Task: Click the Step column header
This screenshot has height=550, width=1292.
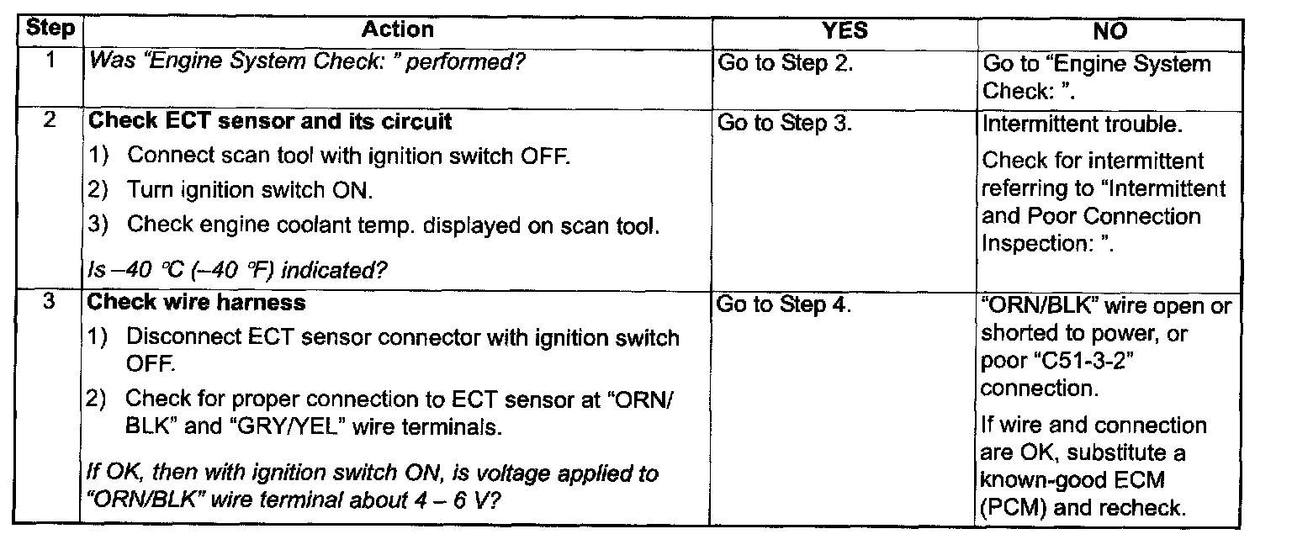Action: [x=50, y=29]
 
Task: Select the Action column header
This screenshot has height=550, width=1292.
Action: [x=397, y=29]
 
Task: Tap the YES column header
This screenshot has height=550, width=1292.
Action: [x=845, y=30]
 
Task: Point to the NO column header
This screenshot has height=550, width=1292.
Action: [x=1109, y=31]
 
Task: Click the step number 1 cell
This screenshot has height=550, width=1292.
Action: [x=50, y=60]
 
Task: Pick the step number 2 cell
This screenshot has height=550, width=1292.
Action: [x=50, y=120]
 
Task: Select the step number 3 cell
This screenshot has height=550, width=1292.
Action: [x=49, y=301]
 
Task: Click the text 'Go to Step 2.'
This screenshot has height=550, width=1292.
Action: [x=785, y=63]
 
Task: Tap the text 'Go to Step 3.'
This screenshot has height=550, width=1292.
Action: [x=785, y=123]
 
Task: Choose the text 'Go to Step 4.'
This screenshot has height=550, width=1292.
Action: [x=783, y=304]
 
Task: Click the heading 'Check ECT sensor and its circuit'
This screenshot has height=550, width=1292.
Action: [x=270, y=121]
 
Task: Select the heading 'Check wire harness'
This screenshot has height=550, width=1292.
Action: [x=196, y=302]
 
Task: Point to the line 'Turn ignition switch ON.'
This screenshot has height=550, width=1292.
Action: [x=250, y=190]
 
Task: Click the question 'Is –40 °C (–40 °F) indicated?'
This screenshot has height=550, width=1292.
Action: [x=237, y=269]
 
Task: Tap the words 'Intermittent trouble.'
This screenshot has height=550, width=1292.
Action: [x=1082, y=124]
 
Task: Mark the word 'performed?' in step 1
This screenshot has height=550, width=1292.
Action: [x=465, y=61]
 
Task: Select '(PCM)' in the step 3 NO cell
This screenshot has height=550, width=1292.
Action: [x=1013, y=508]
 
